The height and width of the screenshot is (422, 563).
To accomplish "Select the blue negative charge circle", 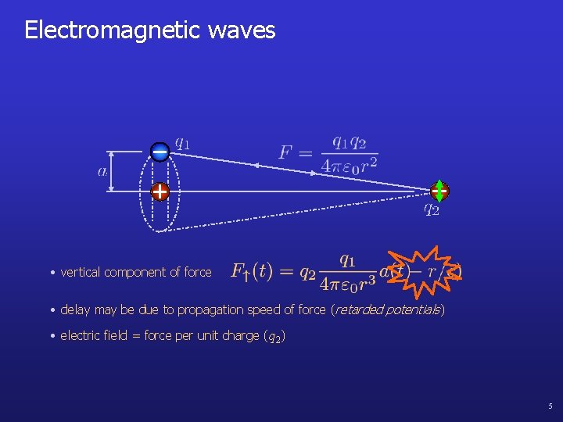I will pyautogui.click(x=160, y=152).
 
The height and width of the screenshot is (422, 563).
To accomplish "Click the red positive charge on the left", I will pyautogui.click(x=160, y=191).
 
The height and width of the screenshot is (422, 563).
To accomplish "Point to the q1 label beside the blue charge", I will pyautogui.click(x=181, y=143).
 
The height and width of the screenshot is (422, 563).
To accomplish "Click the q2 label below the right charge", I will pyautogui.click(x=432, y=209).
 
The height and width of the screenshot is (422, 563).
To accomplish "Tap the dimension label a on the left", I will pyautogui.click(x=102, y=172).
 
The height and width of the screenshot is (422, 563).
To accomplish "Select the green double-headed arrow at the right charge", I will pyautogui.click(x=439, y=191).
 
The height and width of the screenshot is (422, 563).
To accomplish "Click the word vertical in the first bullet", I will pyautogui.click(x=81, y=272).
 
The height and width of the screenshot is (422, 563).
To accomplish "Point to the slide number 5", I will pyautogui.click(x=550, y=406).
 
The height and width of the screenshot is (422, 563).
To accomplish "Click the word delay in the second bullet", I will pyautogui.click(x=75, y=309).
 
